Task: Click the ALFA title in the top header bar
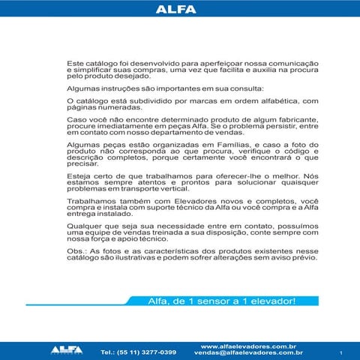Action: [x=179, y=10]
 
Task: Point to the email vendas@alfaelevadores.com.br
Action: [x=247, y=352]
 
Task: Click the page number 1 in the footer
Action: [x=340, y=352]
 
